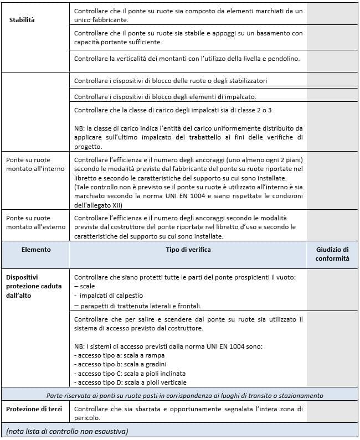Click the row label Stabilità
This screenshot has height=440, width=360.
click(x=22, y=20)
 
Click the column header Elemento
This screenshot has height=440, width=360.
click(x=36, y=250)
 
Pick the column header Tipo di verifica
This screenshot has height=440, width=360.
click(x=188, y=250)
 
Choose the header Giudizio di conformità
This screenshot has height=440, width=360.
click(x=332, y=253)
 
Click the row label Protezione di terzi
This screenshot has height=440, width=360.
click(x=33, y=409)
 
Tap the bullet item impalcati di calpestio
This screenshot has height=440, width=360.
click(x=107, y=296)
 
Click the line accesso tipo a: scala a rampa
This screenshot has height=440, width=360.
click(x=119, y=355)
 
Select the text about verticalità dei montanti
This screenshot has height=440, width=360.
click(x=187, y=58)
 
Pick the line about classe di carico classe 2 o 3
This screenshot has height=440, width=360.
click(x=172, y=110)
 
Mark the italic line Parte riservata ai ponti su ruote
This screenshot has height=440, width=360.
click(x=185, y=395)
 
